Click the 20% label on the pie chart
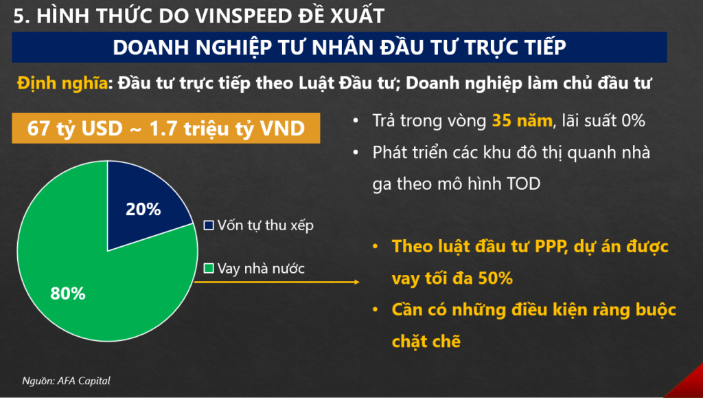click(x=143, y=209)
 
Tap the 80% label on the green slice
click(x=68, y=294)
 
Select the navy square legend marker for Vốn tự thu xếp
click(x=209, y=225)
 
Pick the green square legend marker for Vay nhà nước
click(x=209, y=268)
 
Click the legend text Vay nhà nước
click(x=261, y=268)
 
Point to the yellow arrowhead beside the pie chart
click(x=357, y=283)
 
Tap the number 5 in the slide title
click(x=19, y=16)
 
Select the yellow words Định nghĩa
click(x=62, y=83)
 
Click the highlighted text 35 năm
click(x=522, y=120)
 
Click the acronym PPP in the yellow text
click(x=550, y=246)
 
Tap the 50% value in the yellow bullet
click(x=496, y=278)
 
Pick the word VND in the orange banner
click(x=282, y=129)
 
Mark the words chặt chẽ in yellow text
click(x=426, y=342)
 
